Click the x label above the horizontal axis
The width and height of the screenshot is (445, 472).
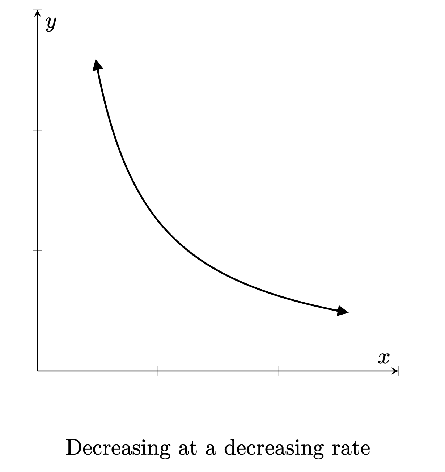(383, 358)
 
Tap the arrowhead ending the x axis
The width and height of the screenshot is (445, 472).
(395, 371)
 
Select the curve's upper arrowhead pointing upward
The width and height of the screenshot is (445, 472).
(97, 65)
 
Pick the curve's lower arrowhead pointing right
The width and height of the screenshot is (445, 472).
(342, 311)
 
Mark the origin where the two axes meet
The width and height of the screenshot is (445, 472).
(38, 371)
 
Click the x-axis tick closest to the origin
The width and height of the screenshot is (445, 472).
(158, 371)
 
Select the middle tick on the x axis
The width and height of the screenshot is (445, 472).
(278, 371)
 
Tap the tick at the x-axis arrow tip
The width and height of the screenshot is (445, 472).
(398, 371)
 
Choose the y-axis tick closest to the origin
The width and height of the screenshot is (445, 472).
(38, 250)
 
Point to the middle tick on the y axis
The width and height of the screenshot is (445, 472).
(38, 130)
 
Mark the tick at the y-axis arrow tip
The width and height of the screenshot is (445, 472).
(38, 10)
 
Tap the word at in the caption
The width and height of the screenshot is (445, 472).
(188, 448)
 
